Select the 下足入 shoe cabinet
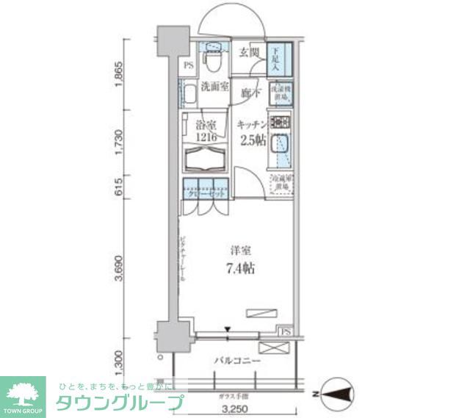click(x=281, y=57)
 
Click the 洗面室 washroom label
click(x=212, y=86)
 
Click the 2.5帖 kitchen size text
click(x=251, y=140)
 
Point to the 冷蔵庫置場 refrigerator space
click(x=281, y=184)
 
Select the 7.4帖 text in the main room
click(x=240, y=270)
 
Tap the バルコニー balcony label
click(x=238, y=361)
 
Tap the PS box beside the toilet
click(x=188, y=65)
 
